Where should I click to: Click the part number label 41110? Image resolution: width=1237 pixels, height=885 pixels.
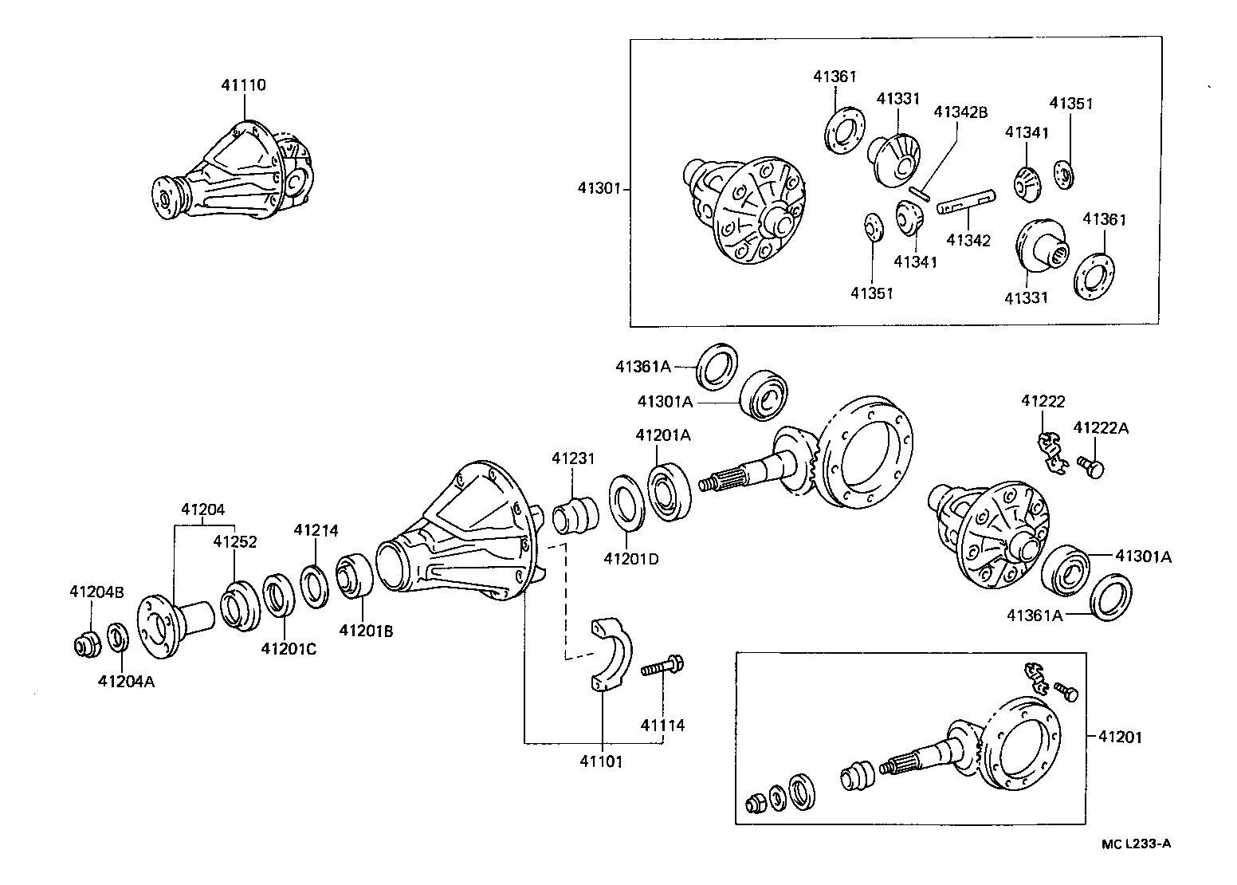pos(243,85)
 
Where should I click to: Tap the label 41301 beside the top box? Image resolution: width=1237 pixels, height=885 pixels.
pos(599,189)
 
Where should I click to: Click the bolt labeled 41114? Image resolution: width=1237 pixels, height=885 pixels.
pos(662,663)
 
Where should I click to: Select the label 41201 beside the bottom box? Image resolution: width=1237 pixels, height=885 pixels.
pos(1120,737)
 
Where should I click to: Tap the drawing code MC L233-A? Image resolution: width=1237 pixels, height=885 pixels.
pos(1137,844)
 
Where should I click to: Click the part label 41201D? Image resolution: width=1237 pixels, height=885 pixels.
pos(631,558)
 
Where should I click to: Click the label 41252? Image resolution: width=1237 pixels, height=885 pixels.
pos(234,541)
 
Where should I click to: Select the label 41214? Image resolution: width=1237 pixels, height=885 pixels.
pos(316,529)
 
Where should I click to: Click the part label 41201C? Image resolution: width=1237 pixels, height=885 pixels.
pos(289,649)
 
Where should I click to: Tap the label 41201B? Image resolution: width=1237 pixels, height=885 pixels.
pos(366,631)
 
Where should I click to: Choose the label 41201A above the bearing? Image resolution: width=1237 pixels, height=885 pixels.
pos(662,435)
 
